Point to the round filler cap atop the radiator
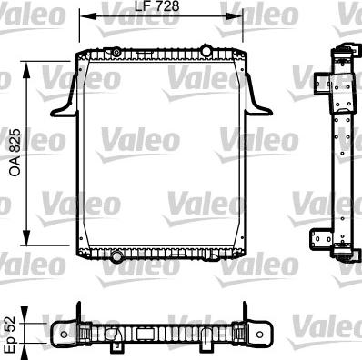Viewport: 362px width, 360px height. pos(206,48)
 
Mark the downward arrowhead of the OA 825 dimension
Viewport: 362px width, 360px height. pos(35,231)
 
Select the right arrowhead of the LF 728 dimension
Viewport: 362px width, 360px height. pos(242,15)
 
